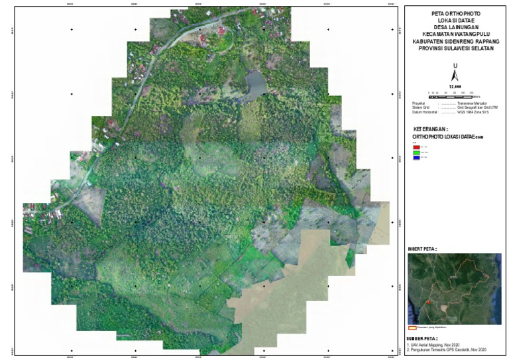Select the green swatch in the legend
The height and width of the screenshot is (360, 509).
click(x=416, y=152)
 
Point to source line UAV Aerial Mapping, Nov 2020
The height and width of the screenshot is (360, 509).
click(x=441, y=344)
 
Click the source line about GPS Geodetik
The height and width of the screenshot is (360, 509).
click(x=447, y=349)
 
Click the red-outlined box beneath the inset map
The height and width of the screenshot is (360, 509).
click(x=411, y=328)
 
